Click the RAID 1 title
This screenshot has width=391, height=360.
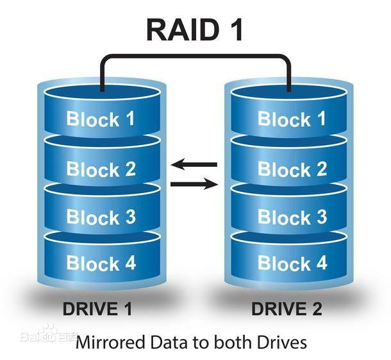[195, 29]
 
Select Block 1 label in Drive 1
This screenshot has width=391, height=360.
[101, 119]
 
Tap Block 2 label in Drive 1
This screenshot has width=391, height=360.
[101, 169]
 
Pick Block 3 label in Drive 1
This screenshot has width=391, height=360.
[101, 217]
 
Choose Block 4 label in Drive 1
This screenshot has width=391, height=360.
[101, 263]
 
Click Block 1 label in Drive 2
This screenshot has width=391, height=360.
[292, 119]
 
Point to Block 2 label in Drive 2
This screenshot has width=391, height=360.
[292, 169]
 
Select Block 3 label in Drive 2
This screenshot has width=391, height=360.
[292, 216]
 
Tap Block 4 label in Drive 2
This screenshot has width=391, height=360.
[292, 262]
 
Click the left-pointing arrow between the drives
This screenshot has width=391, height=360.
[194, 165]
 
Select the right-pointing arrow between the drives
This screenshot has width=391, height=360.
[194, 185]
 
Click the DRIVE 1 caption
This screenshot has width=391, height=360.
[97, 309]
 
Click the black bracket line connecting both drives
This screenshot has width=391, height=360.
[195, 56]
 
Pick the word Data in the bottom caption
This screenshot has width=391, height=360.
[164, 341]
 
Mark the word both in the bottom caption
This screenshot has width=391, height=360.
[235, 341]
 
